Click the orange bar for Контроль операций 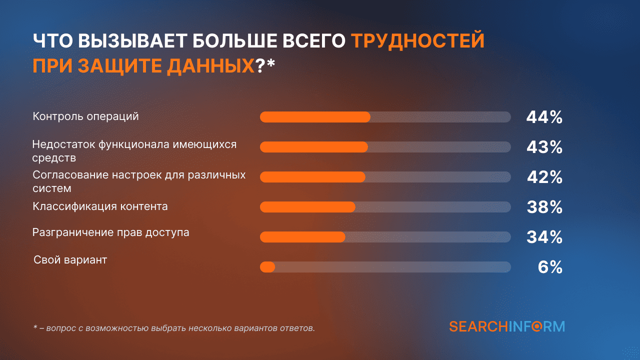(315, 117)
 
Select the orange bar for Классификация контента (307, 207)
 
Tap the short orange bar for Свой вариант (267, 267)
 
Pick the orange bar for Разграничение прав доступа (302, 237)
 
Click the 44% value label (544, 117)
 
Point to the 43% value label (544, 147)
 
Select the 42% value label (544, 177)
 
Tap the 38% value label (544, 207)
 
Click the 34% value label (544, 237)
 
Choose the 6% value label (550, 267)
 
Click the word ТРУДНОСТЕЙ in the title (417, 40)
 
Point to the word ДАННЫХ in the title (210, 66)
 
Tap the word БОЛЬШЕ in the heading (234, 40)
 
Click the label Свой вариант (70, 260)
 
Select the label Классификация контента (100, 206)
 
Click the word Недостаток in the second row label (63, 144)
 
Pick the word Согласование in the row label (70, 175)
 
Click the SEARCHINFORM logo (507, 326)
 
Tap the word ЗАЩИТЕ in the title (119, 66)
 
